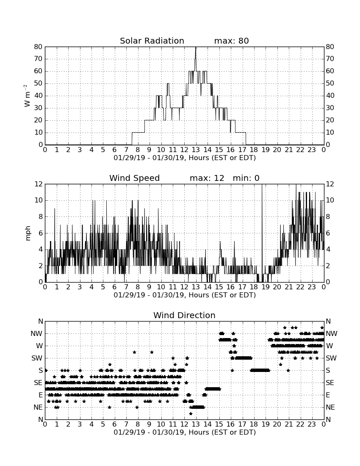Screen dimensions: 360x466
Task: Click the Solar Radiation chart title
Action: pyautogui.click(x=152, y=41)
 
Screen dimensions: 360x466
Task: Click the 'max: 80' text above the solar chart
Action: pyautogui.click(x=231, y=41)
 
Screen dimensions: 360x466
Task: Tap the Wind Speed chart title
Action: pyautogui.click(x=134, y=178)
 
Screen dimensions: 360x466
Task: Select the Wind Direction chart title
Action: pyautogui.click(x=184, y=315)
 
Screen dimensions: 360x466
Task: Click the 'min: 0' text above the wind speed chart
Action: pyautogui.click(x=246, y=178)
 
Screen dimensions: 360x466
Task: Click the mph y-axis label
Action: pyautogui.click(x=28, y=233)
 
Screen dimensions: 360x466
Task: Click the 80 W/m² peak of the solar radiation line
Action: pyautogui.click(x=195, y=47)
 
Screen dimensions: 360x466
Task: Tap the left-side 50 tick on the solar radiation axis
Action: pyautogui.click(x=39, y=83)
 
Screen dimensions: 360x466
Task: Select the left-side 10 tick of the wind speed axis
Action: pyautogui.click(x=39, y=200)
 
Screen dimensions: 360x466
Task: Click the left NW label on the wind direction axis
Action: pyautogui.click(x=36, y=334)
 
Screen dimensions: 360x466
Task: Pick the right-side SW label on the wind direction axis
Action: pyautogui.click(x=331, y=358)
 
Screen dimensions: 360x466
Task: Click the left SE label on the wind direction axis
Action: pyautogui.click(x=38, y=383)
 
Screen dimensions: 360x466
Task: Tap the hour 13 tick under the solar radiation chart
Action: pyautogui.click(x=196, y=150)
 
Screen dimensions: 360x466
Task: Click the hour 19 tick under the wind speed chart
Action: pyautogui.click(x=265, y=287)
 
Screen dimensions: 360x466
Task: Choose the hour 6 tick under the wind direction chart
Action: pyautogui.click(x=115, y=424)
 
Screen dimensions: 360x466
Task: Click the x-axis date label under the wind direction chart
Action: pyautogui.click(x=185, y=432)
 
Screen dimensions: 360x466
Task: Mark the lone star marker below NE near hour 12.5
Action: pyautogui.click(x=191, y=414)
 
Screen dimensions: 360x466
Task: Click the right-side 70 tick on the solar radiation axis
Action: pyautogui.click(x=330, y=59)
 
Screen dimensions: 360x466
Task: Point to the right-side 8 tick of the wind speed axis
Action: pyautogui.click(x=328, y=216)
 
